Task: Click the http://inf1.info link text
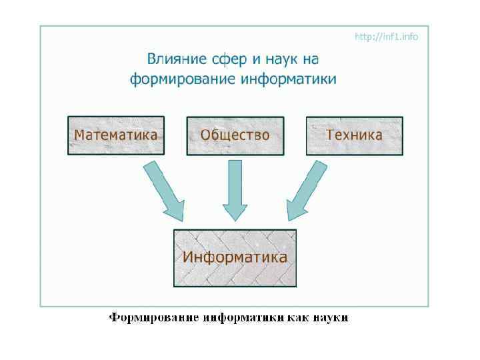387,37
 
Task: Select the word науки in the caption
329,317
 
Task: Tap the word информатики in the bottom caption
237,317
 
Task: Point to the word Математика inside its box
115,135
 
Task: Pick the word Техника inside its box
354,135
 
